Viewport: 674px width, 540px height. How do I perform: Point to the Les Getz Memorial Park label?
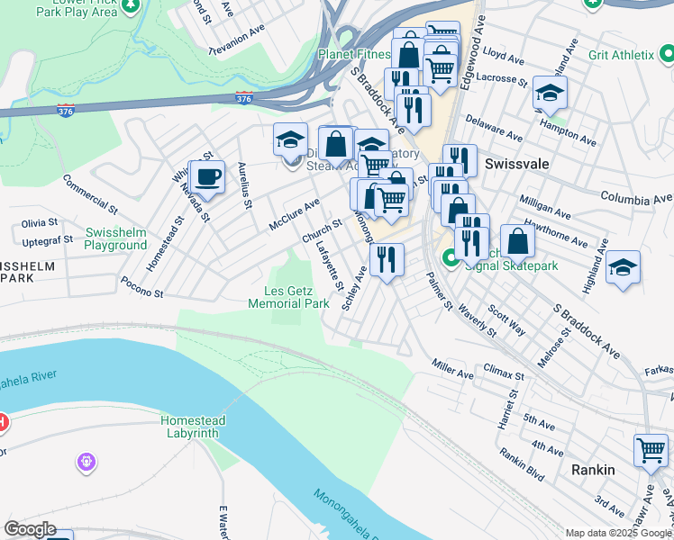pos(289,297)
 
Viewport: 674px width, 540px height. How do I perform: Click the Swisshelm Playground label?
pos(115,238)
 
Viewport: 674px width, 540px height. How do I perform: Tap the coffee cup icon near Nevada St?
pos(207,176)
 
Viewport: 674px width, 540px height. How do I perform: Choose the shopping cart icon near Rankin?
pos(651,451)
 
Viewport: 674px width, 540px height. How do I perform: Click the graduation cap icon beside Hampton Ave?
pos(550,92)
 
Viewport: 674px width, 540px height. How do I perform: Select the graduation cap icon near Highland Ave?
pos(623,269)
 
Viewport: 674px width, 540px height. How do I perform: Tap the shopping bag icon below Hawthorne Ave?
pos(518,241)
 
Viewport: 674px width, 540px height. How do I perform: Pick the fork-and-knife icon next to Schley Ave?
pos(387,260)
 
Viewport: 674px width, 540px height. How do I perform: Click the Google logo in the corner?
pos(30,529)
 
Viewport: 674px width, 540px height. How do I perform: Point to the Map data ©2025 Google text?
pos(618,533)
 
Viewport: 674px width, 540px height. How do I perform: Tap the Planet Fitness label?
pos(353,54)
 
